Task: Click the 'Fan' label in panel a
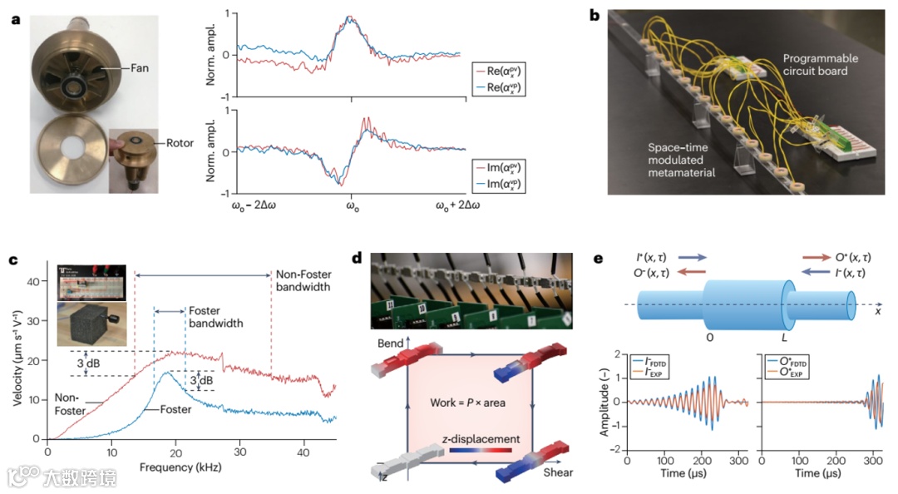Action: [x=139, y=68]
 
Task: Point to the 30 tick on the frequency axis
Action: [x=239, y=453]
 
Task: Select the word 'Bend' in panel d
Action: [x=391, y=343]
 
